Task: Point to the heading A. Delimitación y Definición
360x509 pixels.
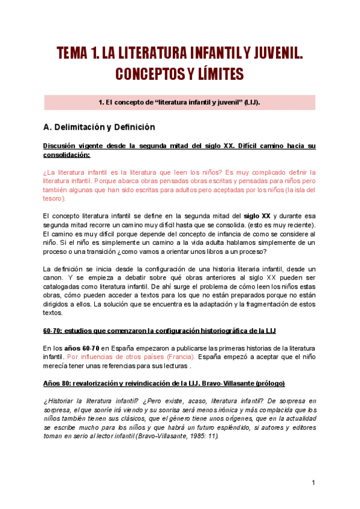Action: [100, 127]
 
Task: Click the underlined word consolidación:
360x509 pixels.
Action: [67, 155]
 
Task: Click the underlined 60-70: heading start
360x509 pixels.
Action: [54, 331]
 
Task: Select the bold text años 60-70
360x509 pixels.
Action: [82, 349]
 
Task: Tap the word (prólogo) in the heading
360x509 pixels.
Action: [268, 384]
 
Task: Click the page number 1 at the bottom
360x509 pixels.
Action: [313, 483]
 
